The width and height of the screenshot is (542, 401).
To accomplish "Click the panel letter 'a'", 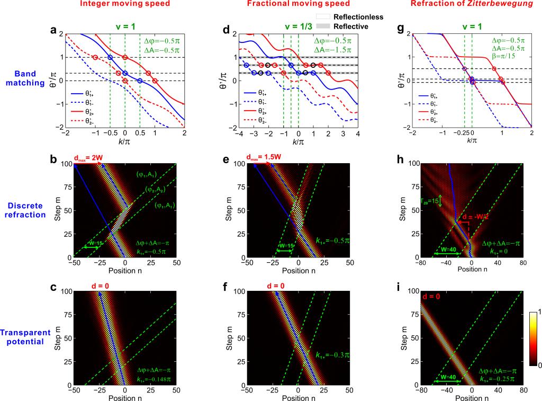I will click(53, 30).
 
